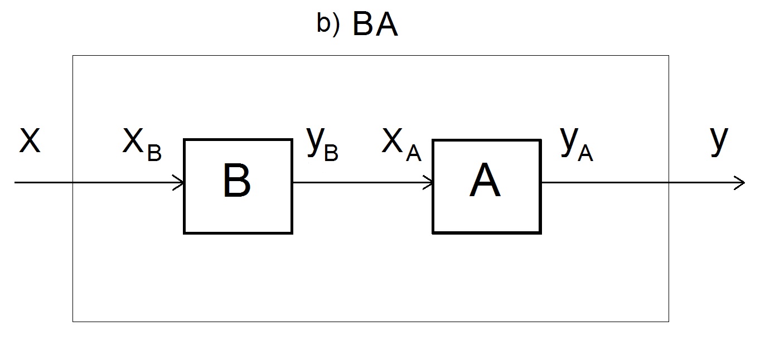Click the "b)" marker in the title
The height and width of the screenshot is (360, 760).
(x=328, y=26)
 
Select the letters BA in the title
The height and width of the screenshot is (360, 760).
(x=375, y=26)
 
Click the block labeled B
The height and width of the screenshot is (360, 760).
(x=238, y=186)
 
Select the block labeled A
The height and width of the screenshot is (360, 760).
(x=486, y=186)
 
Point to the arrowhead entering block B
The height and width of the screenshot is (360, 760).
(x=179, y=182)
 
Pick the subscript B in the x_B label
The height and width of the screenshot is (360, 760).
(x=154, y=153)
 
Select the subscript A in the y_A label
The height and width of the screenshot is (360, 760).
(x=585, y=153)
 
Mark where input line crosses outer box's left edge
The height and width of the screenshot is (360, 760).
(x=73, y=182)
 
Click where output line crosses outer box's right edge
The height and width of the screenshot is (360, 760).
(x=669, y=182)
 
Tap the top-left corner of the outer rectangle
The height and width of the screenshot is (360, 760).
(x=73, y=56)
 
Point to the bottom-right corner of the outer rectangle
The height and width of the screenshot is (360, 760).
(x=669, y=321)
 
